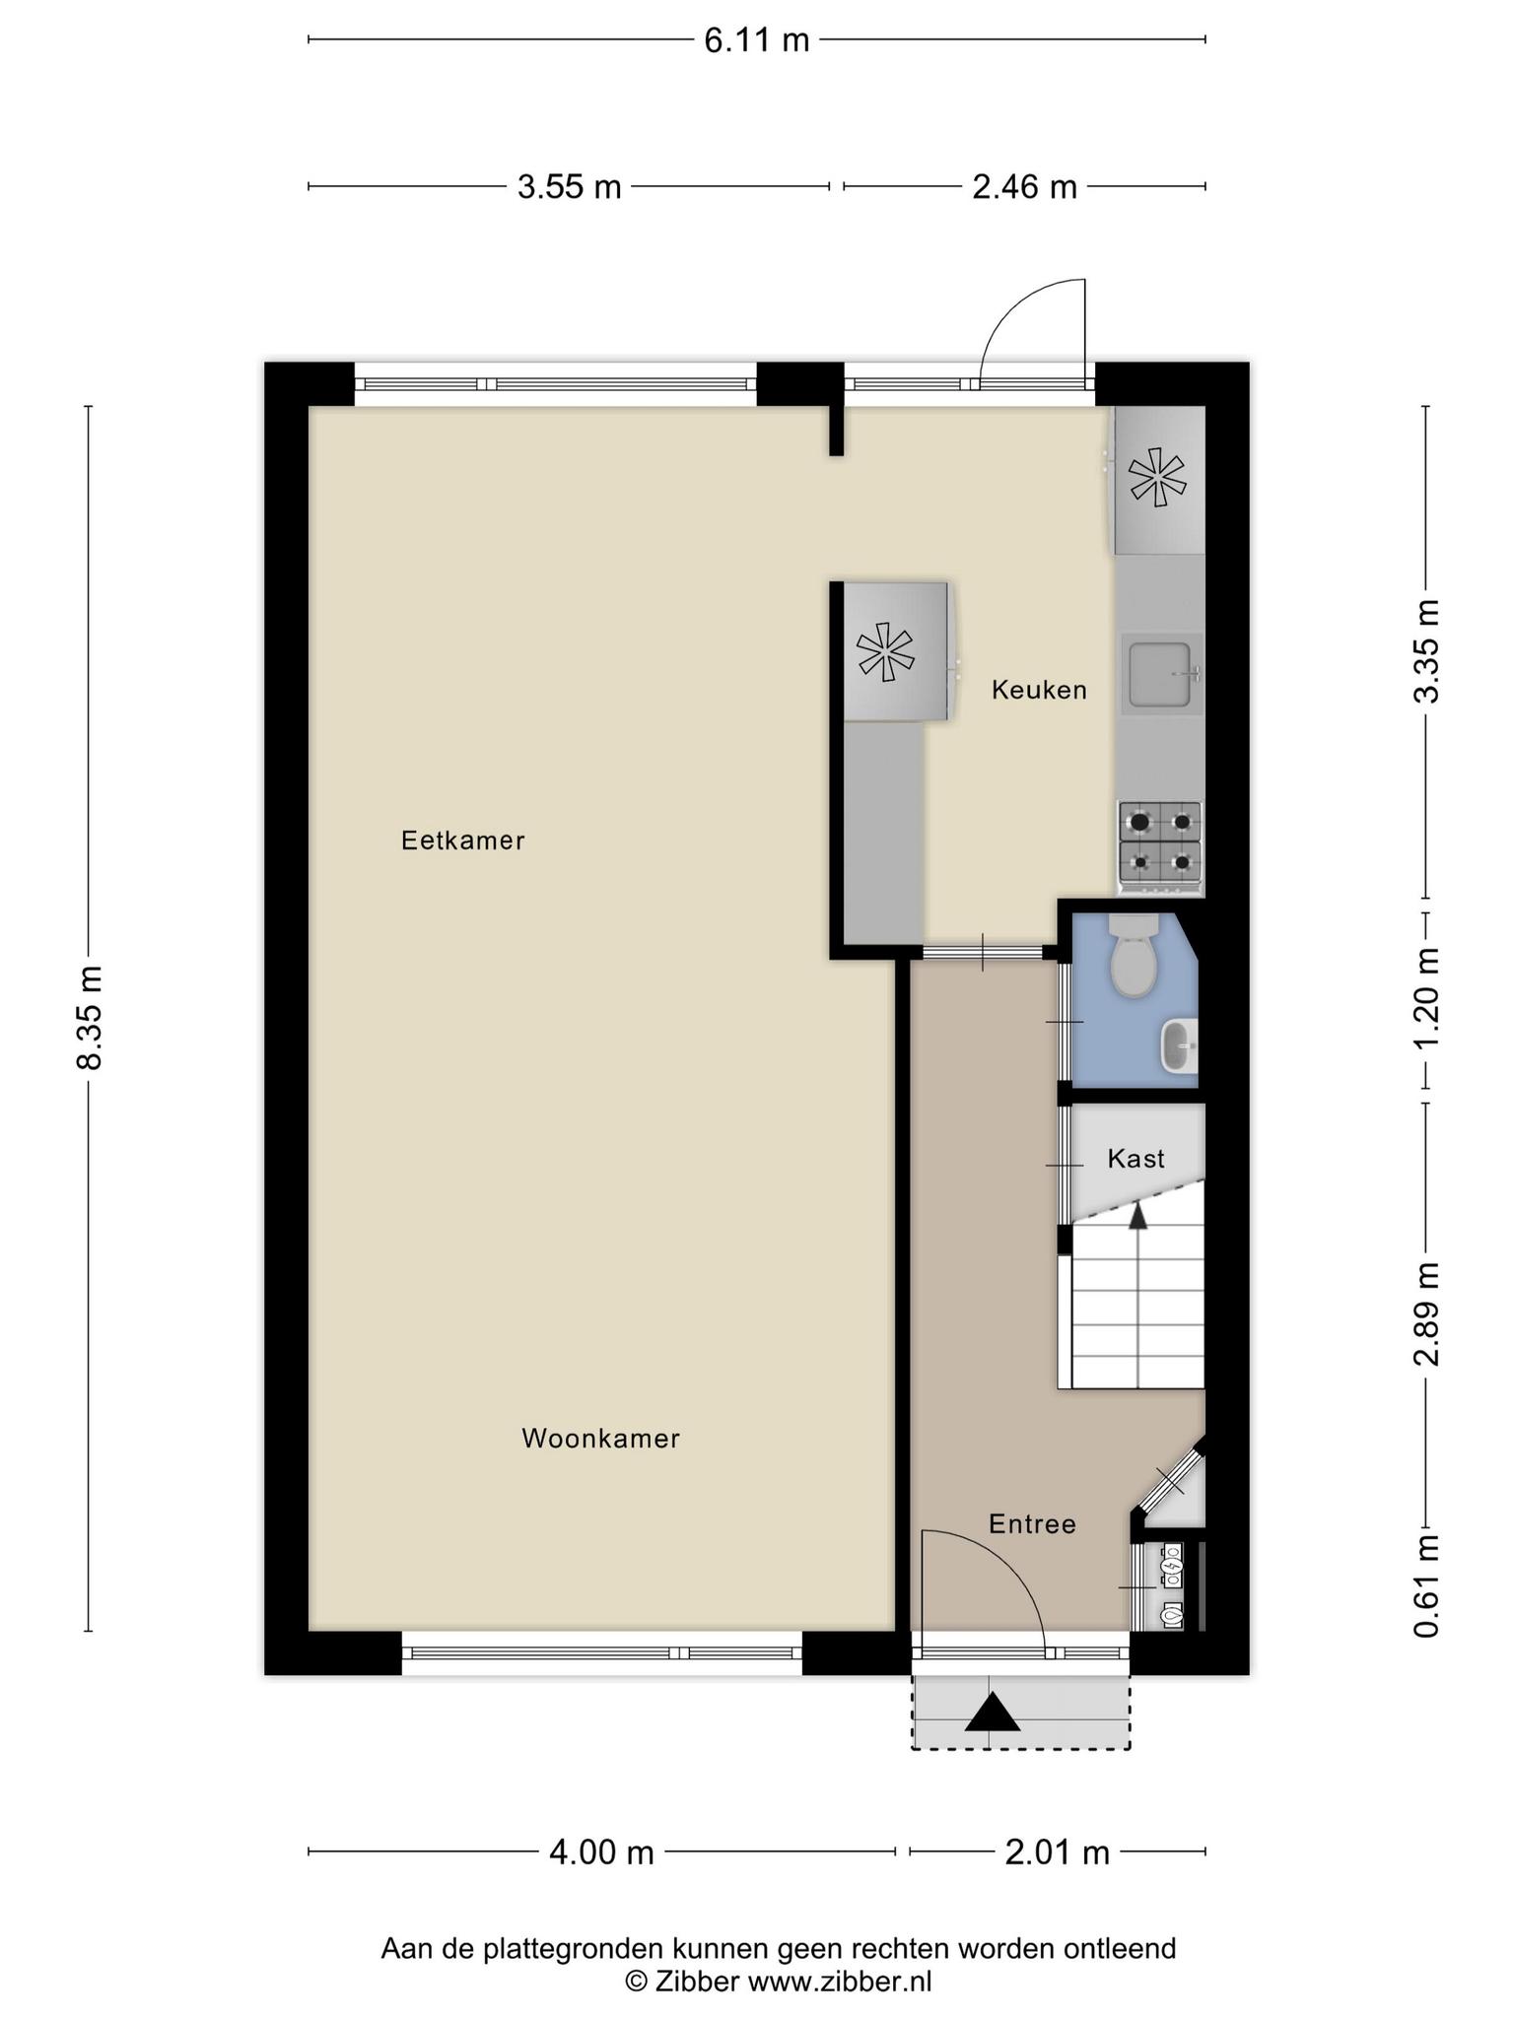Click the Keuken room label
(1039, 690)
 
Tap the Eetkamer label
(462, 841)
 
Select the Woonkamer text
(600, 1439)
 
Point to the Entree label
(1032, 1524)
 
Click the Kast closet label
(1136, 1159)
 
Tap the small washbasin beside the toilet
(1180, 1045)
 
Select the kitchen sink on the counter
(1162, 675)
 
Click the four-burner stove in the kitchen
(1160, 842)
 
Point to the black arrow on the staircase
(1138, 1217)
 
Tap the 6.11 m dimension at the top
(756, 40)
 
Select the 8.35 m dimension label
(90, 1018)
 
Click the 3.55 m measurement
(570, 186)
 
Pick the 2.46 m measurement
(1025, 186)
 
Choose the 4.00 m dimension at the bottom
(601, 1852)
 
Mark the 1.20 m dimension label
(1426, 999)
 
